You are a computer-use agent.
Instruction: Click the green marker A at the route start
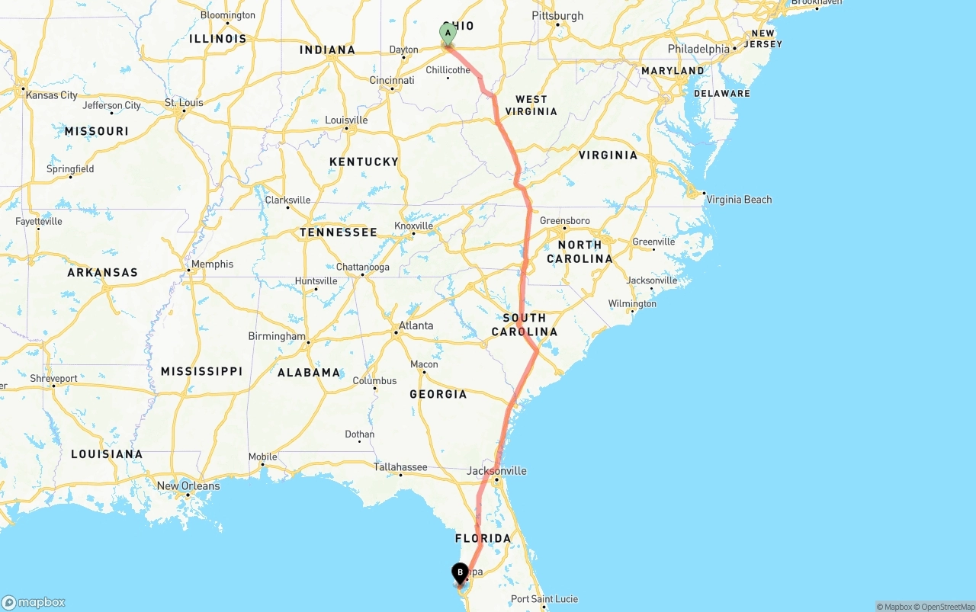coord(448,34)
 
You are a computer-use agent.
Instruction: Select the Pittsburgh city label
coord(557,16)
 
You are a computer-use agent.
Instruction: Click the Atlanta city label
coord(416,325)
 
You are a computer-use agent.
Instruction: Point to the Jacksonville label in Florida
coord(496,471)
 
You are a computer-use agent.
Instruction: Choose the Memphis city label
coord(212,264)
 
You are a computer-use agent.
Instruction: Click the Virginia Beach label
coord(739,200)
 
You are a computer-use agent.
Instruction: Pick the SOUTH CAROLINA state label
coord(525,325)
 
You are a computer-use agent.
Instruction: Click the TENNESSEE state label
coord(338,232)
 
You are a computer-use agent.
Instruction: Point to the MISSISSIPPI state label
coord(201,371)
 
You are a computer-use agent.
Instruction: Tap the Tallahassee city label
coord(400,467)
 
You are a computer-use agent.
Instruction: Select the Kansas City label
coord(51,95)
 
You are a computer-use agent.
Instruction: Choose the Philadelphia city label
coord(698,49)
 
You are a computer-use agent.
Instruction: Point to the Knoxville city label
coord(413,226)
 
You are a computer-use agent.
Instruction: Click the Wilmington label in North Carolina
coord(632,303)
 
